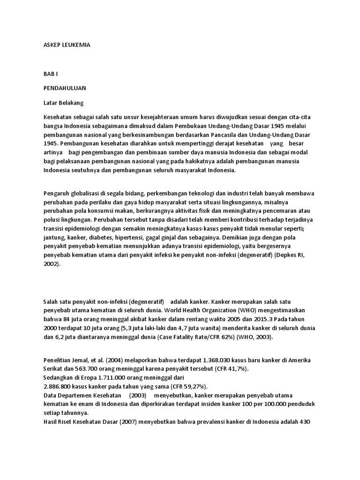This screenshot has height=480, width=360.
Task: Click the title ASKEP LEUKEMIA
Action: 67,45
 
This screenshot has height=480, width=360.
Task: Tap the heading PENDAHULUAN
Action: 65,88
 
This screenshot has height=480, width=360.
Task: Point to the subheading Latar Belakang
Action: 63,102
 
